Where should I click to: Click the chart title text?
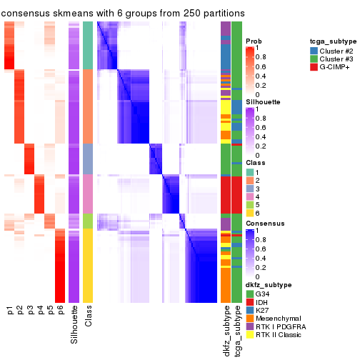[123, 14]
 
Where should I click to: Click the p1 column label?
[10, 311]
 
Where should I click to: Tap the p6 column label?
[61, 311]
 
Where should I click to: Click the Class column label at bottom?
[88, 317]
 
